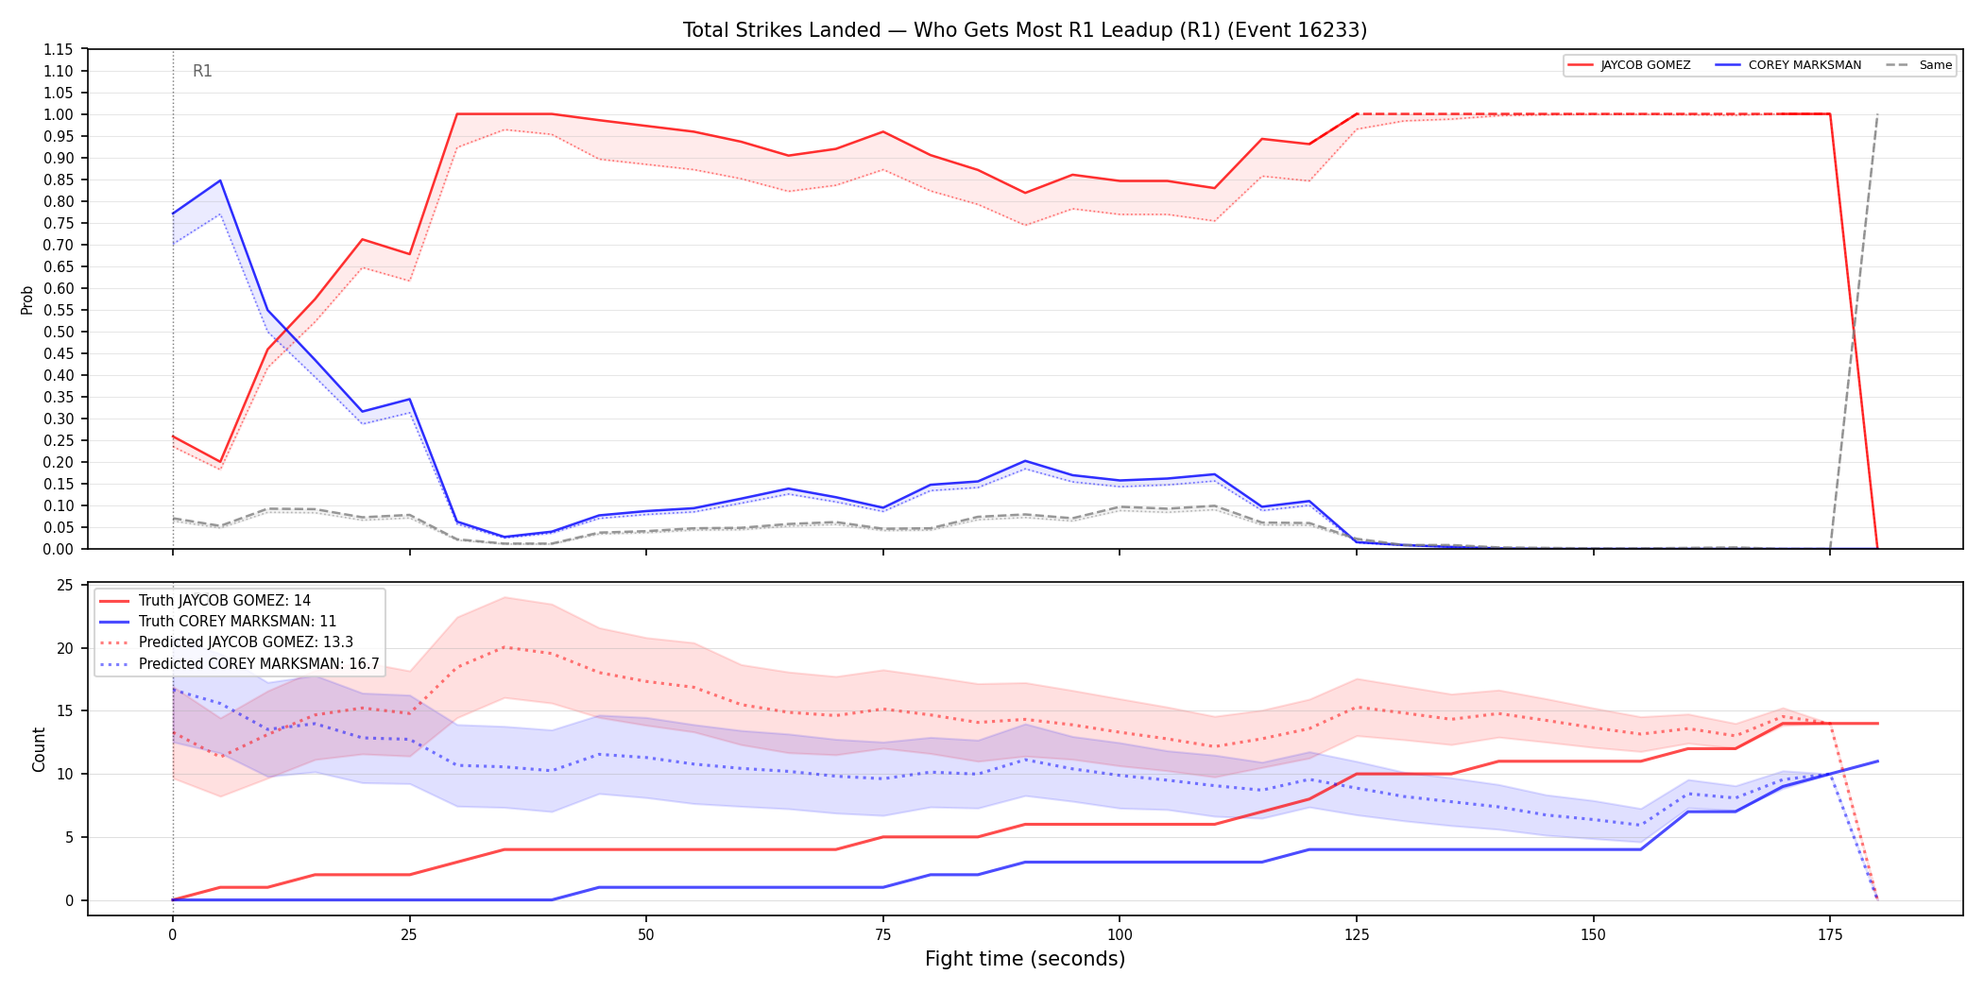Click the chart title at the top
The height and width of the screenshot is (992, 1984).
(1025, 30)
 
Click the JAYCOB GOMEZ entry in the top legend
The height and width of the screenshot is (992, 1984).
(1646, 65)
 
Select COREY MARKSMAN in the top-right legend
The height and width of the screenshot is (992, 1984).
(1804, 65)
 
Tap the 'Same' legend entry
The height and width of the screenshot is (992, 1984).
(1936, 65)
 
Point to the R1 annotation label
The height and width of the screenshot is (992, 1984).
(202, 71)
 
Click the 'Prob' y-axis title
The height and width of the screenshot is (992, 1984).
(27, 299)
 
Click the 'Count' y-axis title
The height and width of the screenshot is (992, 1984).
(39, 749)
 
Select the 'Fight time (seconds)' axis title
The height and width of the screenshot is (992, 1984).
(1025, 959)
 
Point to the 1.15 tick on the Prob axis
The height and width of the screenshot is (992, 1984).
(58, 49)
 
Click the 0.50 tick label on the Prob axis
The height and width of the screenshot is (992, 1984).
(58, 332)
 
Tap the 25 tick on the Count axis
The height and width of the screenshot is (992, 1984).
(65, 586)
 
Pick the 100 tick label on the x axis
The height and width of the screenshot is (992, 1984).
(1120, 935)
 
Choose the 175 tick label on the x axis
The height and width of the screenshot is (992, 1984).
(1830, 935)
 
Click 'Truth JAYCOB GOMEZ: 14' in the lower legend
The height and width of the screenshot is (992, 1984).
(225, 601)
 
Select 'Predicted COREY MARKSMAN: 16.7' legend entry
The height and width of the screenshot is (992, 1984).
(259, 664)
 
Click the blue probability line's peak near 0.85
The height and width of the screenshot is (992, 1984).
(220, 180)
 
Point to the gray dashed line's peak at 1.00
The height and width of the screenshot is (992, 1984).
(1877, 114)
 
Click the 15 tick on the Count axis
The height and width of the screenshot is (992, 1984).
(65, 711)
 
